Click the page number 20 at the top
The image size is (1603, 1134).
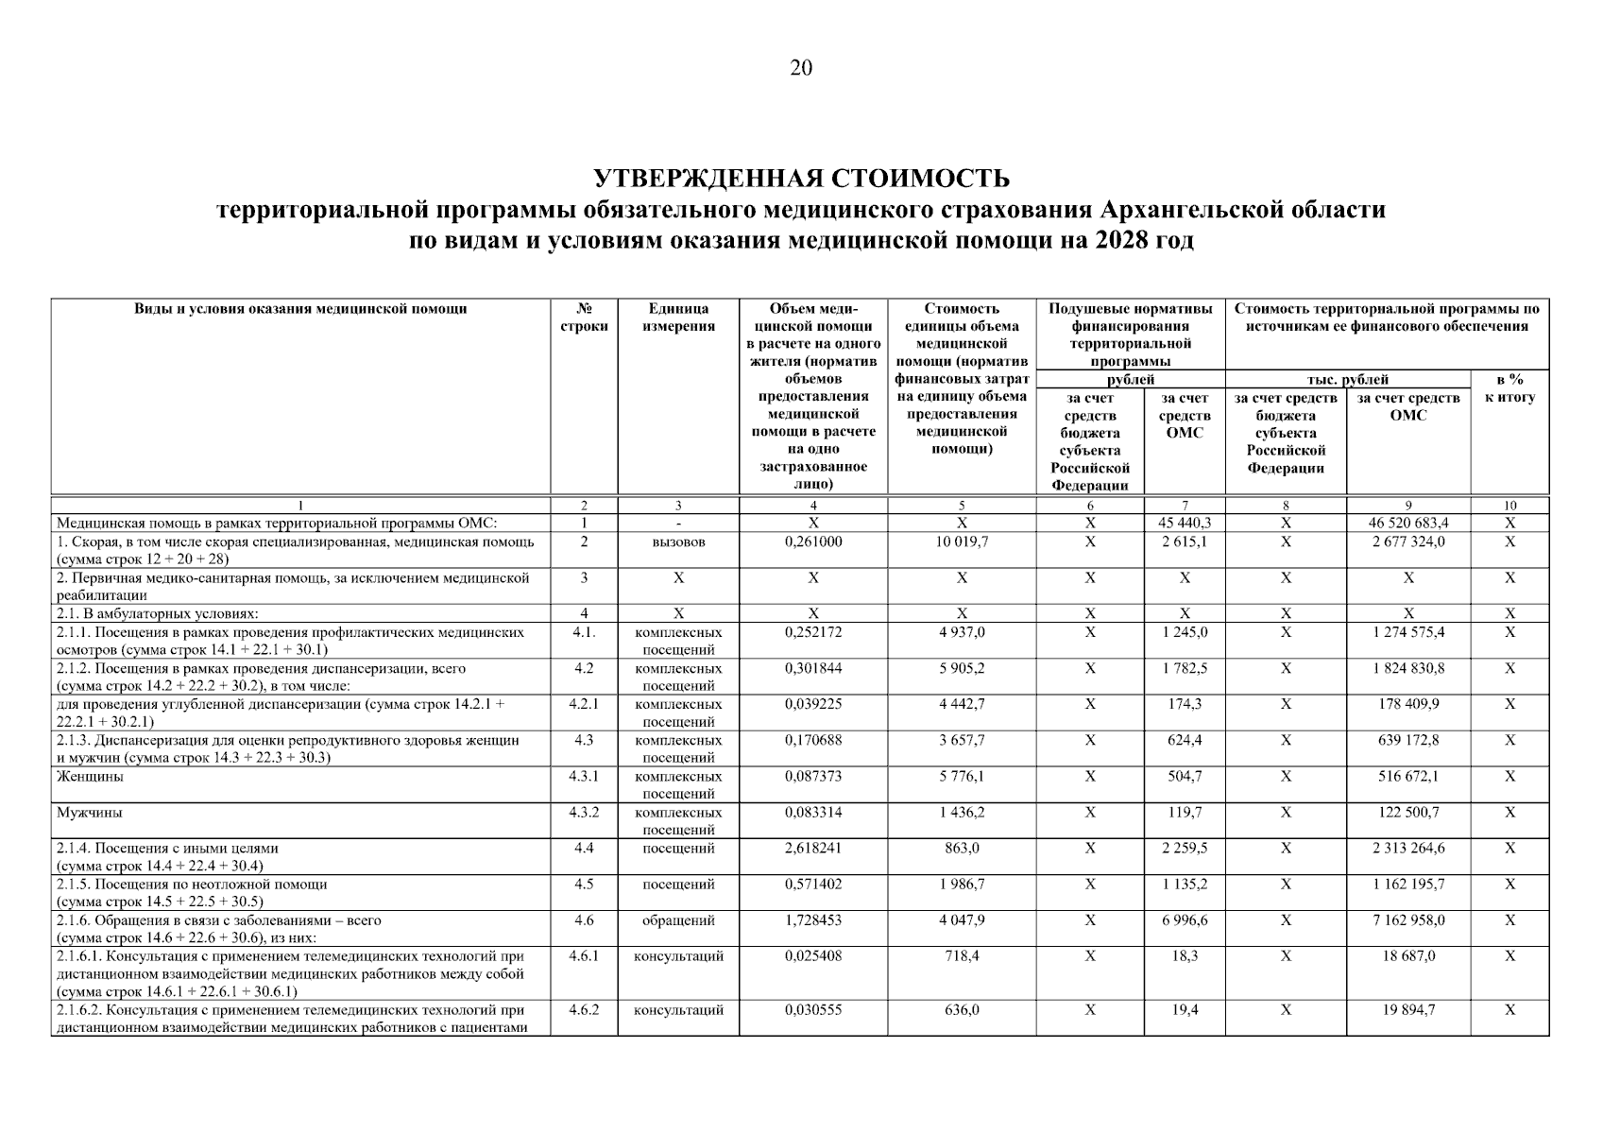[800, 68]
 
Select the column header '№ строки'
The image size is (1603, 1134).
[584, 318]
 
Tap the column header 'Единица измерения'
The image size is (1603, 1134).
[678, 318]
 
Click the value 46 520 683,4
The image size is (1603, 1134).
[1407, 523]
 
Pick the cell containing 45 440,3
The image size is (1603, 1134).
[1184, 523]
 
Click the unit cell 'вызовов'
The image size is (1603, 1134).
[678, 542]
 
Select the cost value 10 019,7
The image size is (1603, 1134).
[961, 542]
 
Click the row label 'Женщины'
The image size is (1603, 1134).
[90, 777]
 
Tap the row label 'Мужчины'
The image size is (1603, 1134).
[89, 813]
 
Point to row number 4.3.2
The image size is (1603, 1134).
[584, 813]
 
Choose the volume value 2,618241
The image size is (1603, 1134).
[812, 849]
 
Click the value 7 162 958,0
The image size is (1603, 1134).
[1407, 920]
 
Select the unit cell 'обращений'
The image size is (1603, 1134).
[678, 920]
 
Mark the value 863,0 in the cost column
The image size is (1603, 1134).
[961, 849]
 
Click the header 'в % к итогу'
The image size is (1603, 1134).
[1509, 388]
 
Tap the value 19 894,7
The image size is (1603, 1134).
[1407, 1010]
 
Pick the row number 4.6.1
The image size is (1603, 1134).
[584, 956]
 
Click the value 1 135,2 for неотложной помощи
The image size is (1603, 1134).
[1184, 885]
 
